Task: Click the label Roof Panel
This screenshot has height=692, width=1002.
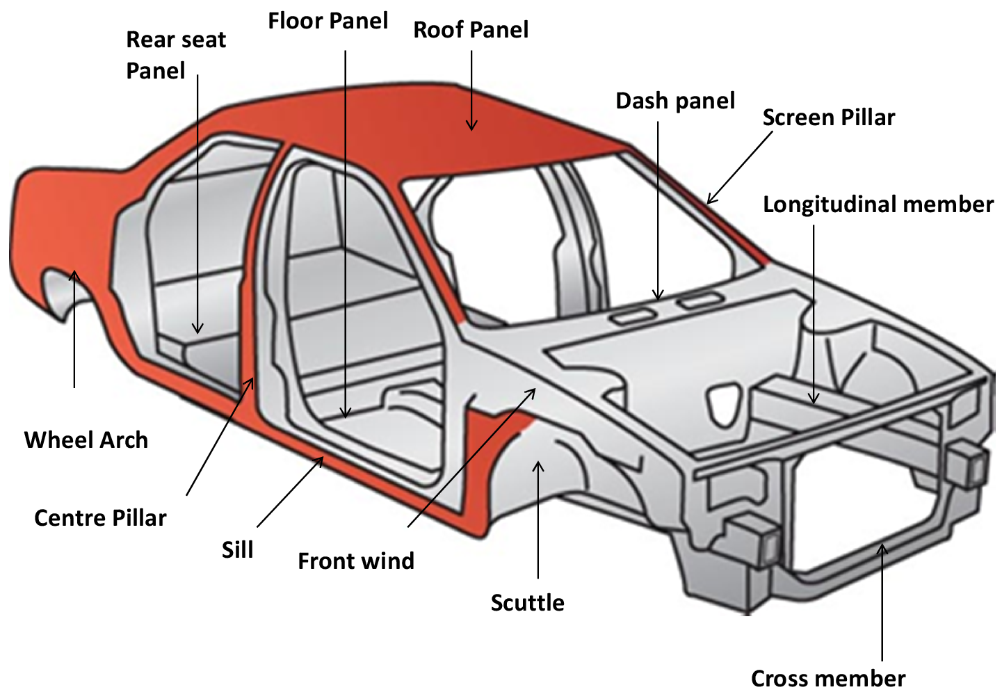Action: [471, 30]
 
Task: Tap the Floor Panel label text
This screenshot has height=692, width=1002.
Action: [328, 21]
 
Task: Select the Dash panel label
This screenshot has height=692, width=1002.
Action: [674, 101]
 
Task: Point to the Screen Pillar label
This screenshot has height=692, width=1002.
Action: [828, 118]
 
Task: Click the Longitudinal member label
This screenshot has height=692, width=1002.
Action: [878, 204]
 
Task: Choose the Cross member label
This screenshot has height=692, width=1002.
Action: [827, 677]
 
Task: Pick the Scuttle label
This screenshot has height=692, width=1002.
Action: [527, 602]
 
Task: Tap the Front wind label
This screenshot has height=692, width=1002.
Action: [355, 561]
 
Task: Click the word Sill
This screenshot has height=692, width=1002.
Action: [237, 550]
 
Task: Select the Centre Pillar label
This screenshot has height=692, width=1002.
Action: [100, 518]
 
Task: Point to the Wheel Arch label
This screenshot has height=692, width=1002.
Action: [86, 440]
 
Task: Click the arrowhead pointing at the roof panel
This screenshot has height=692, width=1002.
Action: [471, 127]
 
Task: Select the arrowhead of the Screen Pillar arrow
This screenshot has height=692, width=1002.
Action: [709, 201]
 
